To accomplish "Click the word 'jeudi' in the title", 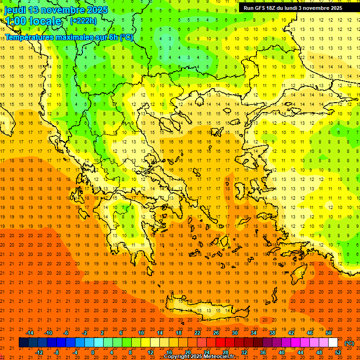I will (x=16, y=10).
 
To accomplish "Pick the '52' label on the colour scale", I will (x=338, y=352).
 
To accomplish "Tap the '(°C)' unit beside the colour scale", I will (x=349, y=343).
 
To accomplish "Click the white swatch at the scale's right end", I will (x=333, y=343).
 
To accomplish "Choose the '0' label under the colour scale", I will (x=93, y=352).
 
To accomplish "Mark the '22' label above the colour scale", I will (x=197, y=333).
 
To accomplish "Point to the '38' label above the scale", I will (x=272, y=333).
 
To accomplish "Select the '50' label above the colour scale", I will (x=329, y=333).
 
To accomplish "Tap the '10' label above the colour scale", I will (x=141, y=333).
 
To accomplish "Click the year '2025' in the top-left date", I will (x=96, y=10).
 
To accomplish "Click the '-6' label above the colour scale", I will (x=66, y=333).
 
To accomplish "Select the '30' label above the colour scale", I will (x=235, y=333).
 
